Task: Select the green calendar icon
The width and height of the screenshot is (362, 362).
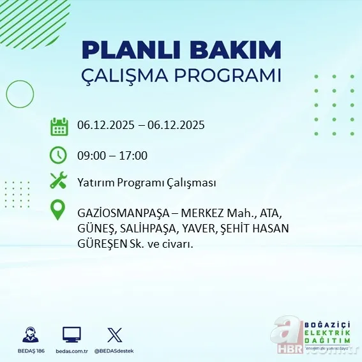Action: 59,126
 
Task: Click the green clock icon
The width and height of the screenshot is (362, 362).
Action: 59,155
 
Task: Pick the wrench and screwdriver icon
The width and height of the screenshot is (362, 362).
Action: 59,181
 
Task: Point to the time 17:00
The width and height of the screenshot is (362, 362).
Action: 134,155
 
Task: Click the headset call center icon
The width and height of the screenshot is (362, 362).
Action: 29,335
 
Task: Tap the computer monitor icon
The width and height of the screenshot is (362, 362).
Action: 72,335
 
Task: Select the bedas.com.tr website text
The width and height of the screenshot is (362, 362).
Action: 72,351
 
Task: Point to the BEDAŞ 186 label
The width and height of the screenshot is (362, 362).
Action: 29,351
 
